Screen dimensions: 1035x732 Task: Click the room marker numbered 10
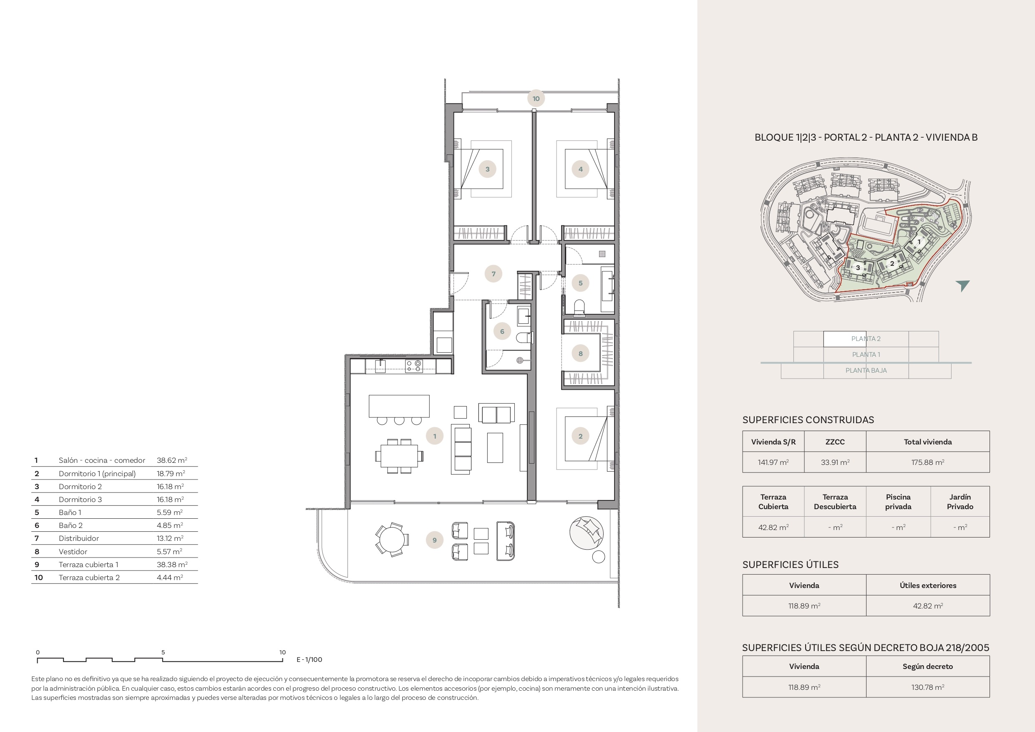(x=536, y=98)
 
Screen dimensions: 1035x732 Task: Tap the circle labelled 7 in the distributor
(x=493, y=274)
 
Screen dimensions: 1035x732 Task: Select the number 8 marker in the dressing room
(x=580, y=353)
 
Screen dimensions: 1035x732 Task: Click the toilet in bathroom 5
(x=580, y=307)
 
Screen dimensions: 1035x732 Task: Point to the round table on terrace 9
(x=392, y=540)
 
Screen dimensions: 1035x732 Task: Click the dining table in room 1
(x=399, y=456)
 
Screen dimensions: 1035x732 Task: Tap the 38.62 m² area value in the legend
(x=172, y=460)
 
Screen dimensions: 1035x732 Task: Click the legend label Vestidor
(x=73, y=551)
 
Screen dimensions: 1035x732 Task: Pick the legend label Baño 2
(x=71, y=525)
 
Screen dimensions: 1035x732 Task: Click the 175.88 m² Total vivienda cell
(x=928, y=462)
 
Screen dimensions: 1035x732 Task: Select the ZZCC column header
(x=835, y=442)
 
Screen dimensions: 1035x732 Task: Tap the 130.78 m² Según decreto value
(x=928, y=687)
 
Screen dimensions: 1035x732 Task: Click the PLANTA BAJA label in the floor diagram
(x=866, y=370)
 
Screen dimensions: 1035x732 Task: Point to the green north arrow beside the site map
(x=963, y=285)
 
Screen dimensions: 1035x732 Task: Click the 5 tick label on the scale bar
(x=163, y=652)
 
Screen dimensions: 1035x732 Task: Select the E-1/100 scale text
(x=309, y=659)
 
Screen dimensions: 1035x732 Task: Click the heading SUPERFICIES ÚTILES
(x=790, y=564)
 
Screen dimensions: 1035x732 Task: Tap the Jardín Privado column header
(x=960, y=502)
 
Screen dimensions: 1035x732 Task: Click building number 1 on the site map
(x=919, y=242)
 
